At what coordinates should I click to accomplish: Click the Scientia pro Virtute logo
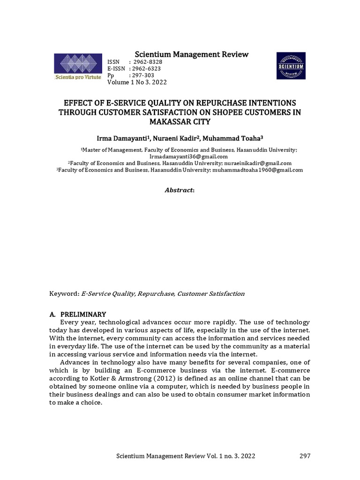click(78, 67)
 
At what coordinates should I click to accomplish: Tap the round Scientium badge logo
click(291, 66)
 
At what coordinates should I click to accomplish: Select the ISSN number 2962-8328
click(148, 62)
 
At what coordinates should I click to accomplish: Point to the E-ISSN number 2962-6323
click(147, 69)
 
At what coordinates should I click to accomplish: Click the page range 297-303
click(144, 75)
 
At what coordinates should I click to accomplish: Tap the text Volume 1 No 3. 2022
click(137, 82)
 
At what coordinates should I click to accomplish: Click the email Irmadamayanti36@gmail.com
click(188, 156)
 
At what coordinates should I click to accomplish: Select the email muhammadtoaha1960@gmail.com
click(258, 170)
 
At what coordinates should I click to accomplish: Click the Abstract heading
click(180, 190)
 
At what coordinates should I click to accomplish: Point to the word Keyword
click(64, 294)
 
